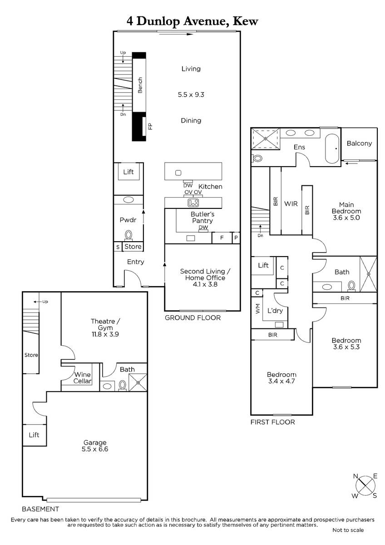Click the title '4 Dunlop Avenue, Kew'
click(192, 21)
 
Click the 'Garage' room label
click(95, 442)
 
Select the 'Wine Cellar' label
click(83, 377)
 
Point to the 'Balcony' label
click(359, 144)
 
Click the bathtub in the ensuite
click(332, 149)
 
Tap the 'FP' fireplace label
click(150, 126)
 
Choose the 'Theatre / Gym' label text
click(105, 324)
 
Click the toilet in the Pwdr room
click(128, 236)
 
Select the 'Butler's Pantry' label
click(202, 217)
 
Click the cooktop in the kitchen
click(193, 203)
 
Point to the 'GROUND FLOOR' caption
click(192, 317)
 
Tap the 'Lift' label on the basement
click(34, 435)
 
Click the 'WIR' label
click(291, 203)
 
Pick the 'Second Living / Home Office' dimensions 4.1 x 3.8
click(205, 284)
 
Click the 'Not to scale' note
click(348, 530)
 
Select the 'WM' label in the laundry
click(258, 308)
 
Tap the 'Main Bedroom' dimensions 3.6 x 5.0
click(346, 218)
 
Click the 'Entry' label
click(135, 262)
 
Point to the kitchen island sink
click(178, 173)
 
